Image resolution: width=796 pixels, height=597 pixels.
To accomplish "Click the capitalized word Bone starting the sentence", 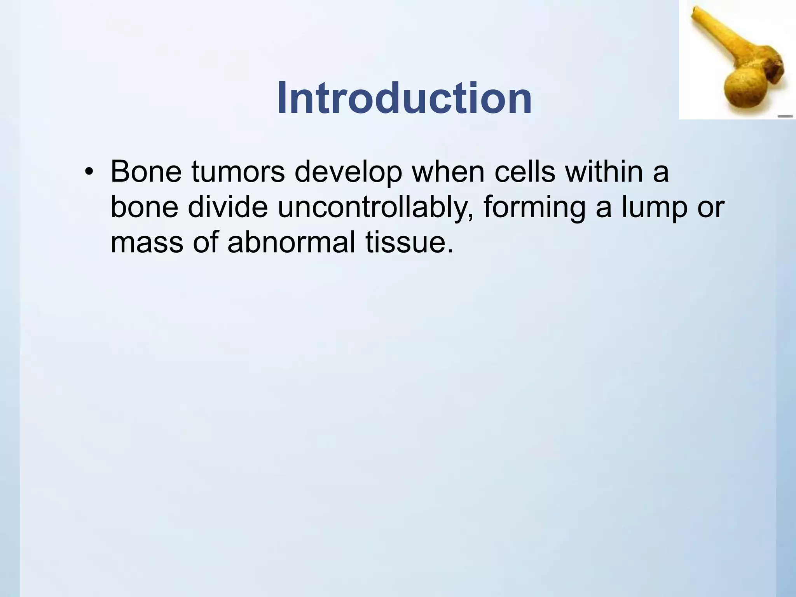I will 146,171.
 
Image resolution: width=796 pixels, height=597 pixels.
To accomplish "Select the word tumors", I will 238,171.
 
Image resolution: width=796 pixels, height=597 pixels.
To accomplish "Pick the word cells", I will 525,171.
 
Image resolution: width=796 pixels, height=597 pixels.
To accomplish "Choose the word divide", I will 228,207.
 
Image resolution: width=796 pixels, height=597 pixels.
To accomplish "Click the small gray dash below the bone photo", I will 785,116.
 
